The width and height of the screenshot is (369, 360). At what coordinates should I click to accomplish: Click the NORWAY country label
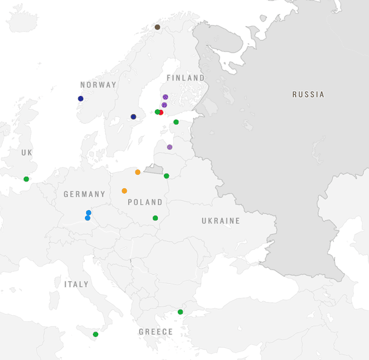point(98,85)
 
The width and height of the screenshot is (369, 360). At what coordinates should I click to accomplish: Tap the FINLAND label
point(186,78)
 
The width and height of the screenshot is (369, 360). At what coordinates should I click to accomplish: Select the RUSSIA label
point(308,95)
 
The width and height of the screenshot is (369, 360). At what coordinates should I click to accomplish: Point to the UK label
point(27,152)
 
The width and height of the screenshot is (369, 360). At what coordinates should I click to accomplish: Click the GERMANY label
point(84,194)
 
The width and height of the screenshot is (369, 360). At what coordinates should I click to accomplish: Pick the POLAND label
point(146,202)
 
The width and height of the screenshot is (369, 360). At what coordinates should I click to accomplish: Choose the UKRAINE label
point(221,221)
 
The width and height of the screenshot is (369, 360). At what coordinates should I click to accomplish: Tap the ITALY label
point(76,284)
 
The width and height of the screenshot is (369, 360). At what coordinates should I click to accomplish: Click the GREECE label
point(155,332)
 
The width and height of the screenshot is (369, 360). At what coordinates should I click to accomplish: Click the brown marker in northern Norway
point(157,27)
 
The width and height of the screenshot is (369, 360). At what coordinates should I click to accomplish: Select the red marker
point(161,112)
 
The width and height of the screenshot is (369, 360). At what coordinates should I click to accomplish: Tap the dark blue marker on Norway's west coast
point(81,98)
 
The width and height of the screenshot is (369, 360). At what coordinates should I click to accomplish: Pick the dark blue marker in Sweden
point(134,117)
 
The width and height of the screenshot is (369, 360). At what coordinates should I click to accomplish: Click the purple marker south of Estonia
point(169,147)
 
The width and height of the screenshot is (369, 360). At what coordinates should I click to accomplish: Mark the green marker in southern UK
point(26,179)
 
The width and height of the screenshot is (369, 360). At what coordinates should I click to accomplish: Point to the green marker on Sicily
point(95,335)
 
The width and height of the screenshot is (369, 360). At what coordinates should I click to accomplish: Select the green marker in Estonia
point(176,122)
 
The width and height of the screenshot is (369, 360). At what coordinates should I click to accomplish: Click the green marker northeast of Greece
point(180,312)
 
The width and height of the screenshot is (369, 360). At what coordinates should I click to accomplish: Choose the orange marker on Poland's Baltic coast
point(138,172)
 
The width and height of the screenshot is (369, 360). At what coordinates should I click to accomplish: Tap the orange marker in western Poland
point(124,191)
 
